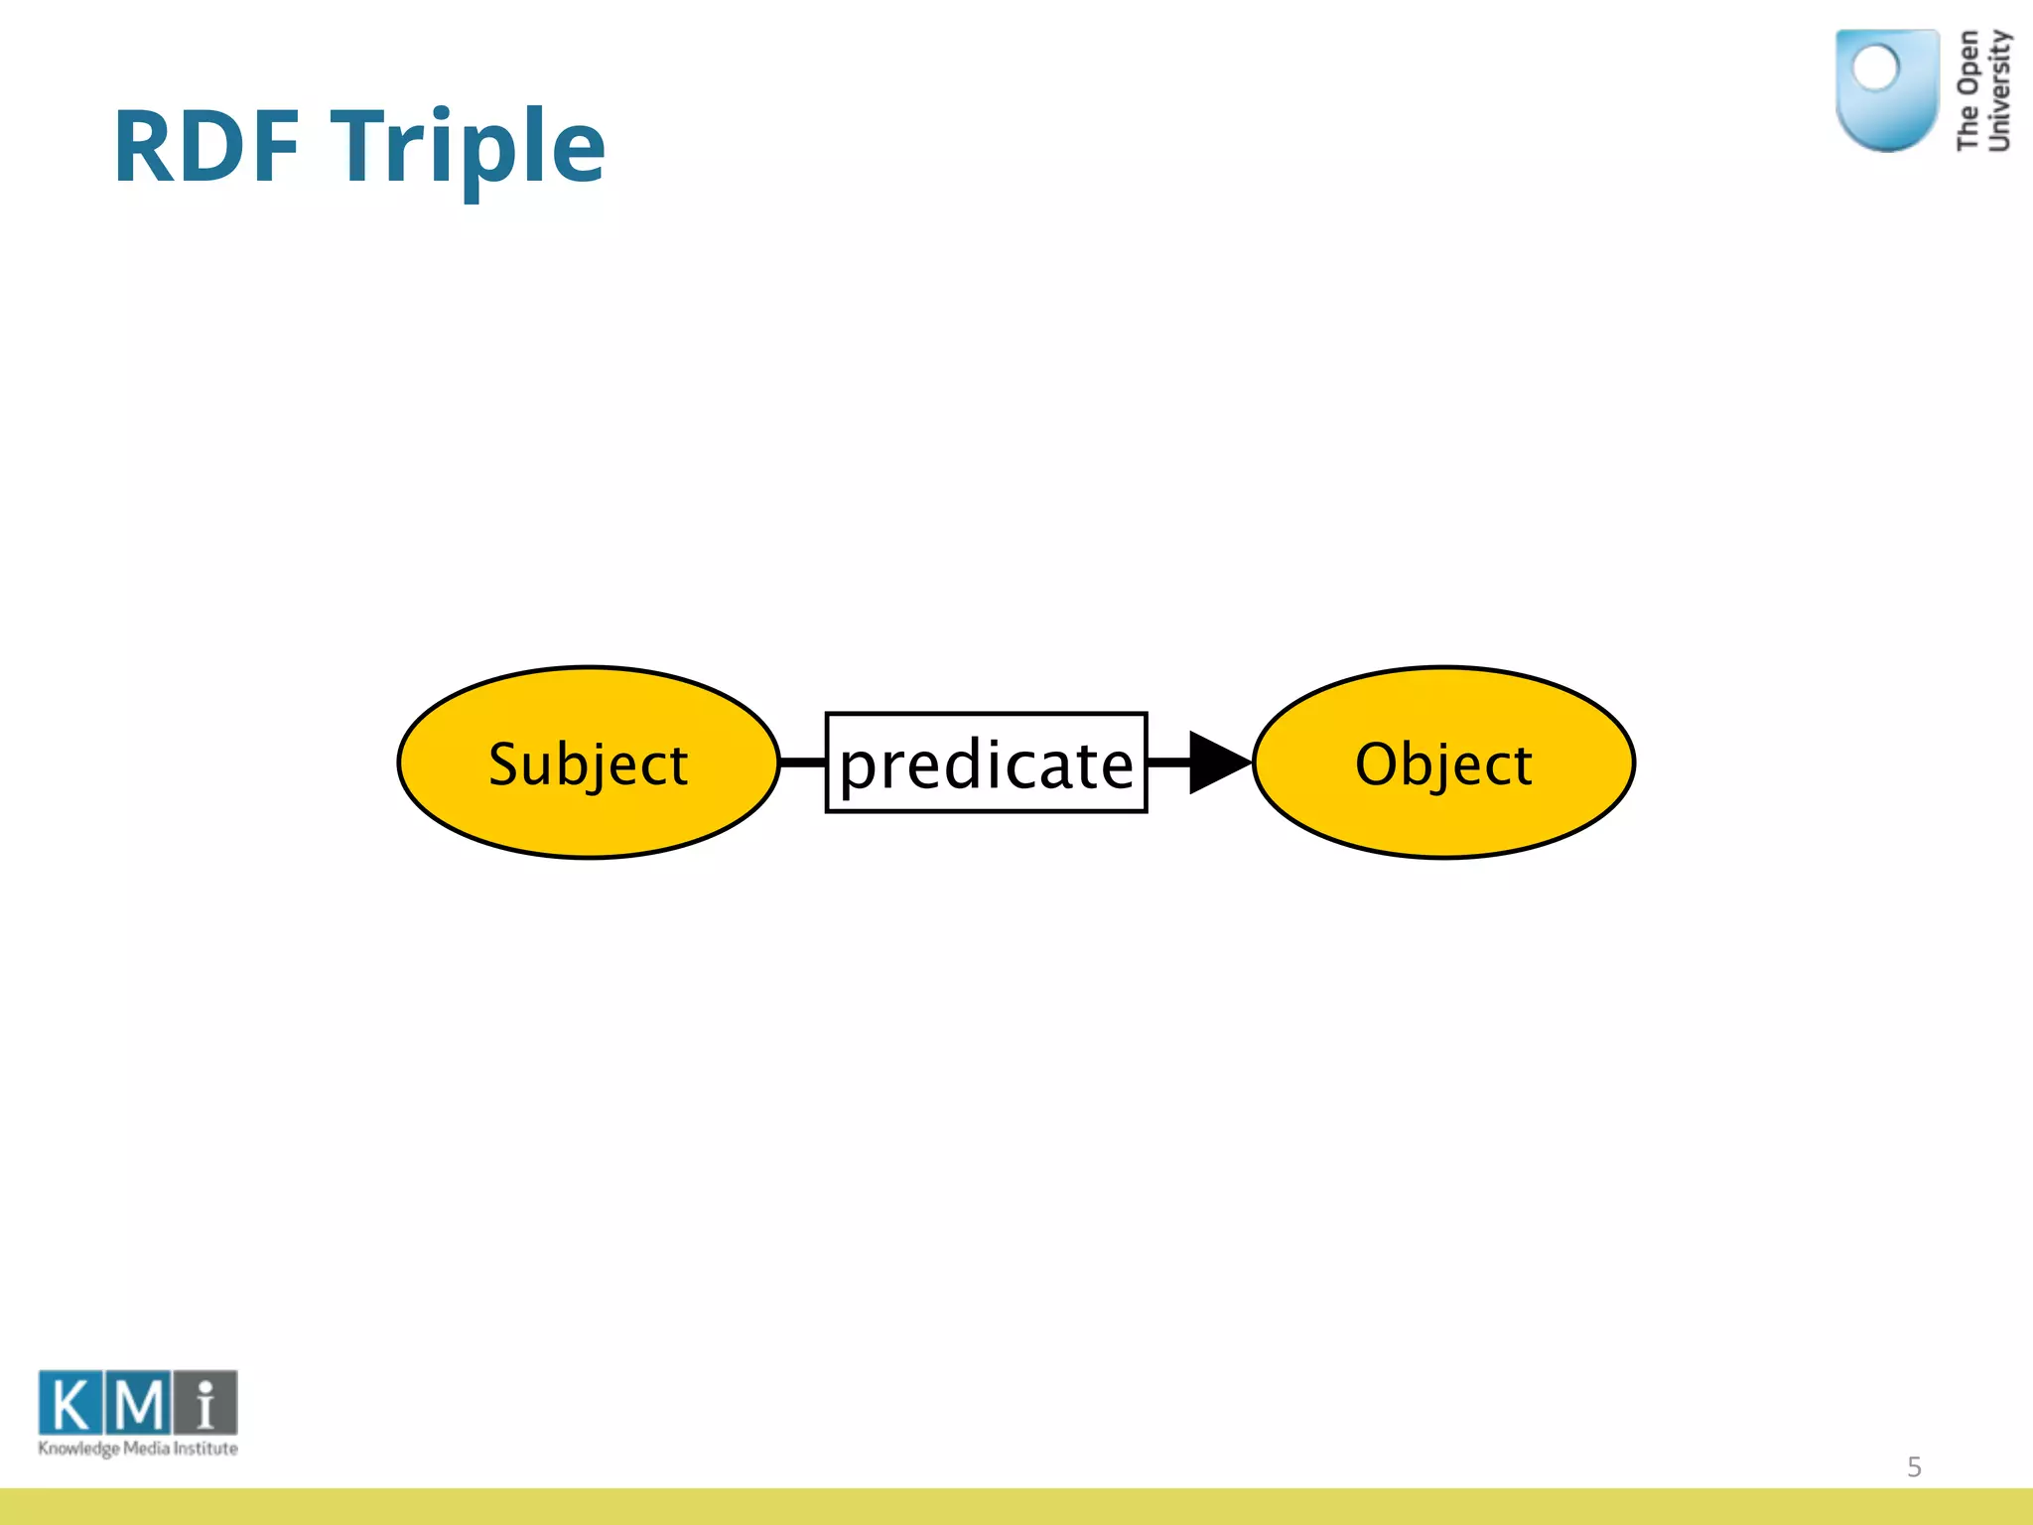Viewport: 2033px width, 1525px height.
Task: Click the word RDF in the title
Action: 206,147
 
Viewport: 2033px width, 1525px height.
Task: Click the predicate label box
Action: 986,762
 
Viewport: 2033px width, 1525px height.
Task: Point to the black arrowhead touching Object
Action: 1216,762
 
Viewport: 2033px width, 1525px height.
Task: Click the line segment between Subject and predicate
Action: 802,762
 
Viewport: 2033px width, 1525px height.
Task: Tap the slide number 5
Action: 1914,1466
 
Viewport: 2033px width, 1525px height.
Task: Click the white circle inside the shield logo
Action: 1875,69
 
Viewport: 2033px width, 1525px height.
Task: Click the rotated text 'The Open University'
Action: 1983,91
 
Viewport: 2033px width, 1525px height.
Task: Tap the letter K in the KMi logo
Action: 70,1404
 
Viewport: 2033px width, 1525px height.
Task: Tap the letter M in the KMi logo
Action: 139,1404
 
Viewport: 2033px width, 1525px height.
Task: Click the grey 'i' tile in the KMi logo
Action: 206,1404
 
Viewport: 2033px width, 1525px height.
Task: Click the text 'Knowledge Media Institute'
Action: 138,1449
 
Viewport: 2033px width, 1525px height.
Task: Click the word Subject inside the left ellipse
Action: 588,764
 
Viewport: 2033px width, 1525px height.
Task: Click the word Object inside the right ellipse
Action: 1443,764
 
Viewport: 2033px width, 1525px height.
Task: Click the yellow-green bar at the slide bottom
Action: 1016,1506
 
